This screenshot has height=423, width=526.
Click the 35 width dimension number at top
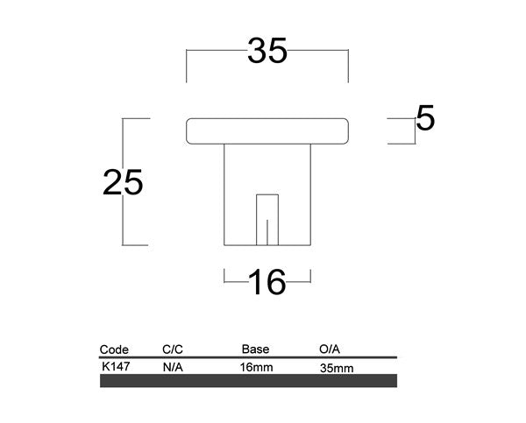(x=267, y=53)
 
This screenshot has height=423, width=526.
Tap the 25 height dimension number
(x=123, y=182)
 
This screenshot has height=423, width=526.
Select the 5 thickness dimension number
(x=426, y=118)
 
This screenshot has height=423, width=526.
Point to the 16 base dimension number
(x=267, y=282)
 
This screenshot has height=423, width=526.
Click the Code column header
(x=115, y=349)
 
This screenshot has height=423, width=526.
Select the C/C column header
(x=173, y=349)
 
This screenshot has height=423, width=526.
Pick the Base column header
(x=255, y=349)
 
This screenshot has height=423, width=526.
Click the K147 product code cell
(x=117, y=366)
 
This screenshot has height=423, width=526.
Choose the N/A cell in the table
(x=172, y=368)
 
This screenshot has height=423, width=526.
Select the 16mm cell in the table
(x=256, y=368)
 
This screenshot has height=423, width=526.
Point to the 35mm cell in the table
(x=338, y=369)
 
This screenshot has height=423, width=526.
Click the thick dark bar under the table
(x=249, y=381)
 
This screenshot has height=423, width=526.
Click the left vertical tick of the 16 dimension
(x=225, y=278)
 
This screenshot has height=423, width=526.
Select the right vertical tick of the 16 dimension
(x=311, y=278)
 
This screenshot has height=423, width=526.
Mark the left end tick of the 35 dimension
(x=187, y=66)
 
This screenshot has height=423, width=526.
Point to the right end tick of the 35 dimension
(x=349, y=66)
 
